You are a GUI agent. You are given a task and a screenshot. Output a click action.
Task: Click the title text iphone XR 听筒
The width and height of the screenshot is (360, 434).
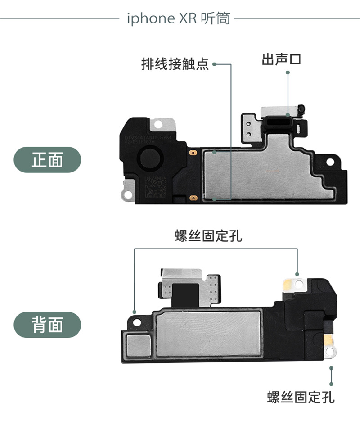(x=179, y=18)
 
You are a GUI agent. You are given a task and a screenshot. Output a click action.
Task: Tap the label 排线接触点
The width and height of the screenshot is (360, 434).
(x=175, y=64)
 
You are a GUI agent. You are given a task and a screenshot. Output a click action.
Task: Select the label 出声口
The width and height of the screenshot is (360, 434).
(x=281, y=59)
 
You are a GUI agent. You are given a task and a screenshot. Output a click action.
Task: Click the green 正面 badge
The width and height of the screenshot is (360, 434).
(x=47, y=160)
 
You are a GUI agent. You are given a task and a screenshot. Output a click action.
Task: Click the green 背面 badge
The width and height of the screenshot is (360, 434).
(x=47, y=325)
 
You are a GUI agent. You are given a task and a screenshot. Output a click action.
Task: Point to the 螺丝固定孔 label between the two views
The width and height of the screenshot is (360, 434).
(x=208, y=236)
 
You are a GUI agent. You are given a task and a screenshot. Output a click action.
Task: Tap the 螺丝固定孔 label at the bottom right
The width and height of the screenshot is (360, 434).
(x=301, y=397)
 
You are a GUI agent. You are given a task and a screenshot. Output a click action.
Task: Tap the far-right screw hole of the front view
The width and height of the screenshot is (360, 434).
(x=331, y=161)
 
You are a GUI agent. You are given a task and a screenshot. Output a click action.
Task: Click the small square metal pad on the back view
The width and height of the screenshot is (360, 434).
(x=138, y=345)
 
